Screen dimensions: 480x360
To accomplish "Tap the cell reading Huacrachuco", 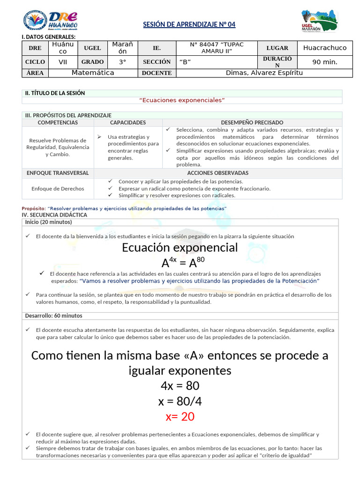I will click(325, 48).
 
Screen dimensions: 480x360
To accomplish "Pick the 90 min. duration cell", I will click(325, 62).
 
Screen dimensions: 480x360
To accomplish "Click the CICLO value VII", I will click(62, 62).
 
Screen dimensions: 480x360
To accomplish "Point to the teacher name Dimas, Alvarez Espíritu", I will click(264, 73).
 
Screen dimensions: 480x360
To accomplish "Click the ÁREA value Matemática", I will click(93, 73).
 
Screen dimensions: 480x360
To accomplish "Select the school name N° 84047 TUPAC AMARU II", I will click(217, 48).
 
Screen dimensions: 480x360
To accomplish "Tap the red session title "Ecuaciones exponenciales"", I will click(182, 100).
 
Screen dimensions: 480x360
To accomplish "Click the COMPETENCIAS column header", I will click(58, 122).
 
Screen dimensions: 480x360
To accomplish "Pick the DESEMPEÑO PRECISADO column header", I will click(252, 122).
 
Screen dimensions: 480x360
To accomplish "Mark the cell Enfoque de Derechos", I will click(58, 188).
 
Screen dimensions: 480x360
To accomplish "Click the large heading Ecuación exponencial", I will click(180, 247).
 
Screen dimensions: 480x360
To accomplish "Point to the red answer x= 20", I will click(180, 417).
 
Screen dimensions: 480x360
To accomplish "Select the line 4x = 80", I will click(180, 386).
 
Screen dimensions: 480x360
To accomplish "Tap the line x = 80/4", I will click(180, 401).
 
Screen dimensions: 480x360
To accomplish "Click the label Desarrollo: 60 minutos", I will click(53, 316).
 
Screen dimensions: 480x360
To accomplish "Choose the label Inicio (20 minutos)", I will click(48, 222).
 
